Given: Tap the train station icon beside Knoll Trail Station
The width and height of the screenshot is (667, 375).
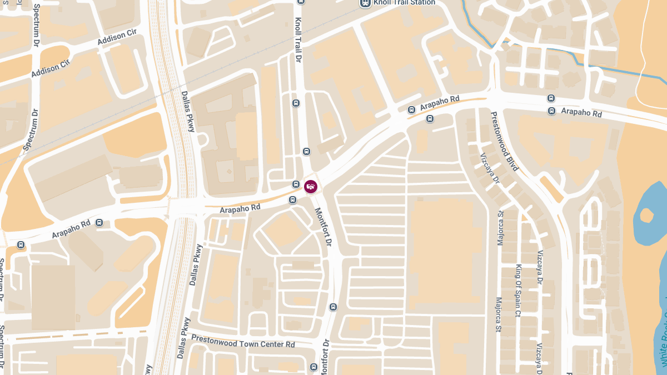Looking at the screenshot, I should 365,3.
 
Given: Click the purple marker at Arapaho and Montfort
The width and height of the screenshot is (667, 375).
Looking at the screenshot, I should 311,186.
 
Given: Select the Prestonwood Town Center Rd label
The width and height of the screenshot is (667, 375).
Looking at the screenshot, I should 243,341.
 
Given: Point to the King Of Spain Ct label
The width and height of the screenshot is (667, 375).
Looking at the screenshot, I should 518,291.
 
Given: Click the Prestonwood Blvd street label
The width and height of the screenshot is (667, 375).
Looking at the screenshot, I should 505,141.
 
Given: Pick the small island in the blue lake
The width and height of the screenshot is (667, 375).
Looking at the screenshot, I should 646,214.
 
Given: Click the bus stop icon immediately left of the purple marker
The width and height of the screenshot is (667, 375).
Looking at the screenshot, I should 296,184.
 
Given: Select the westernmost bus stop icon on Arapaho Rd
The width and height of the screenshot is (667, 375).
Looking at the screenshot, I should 21,244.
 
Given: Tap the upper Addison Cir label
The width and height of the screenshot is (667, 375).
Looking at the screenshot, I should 117,37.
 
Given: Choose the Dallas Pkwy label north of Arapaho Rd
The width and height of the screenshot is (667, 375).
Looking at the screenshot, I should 188,111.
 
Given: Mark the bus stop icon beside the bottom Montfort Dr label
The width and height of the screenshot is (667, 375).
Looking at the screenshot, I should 313,367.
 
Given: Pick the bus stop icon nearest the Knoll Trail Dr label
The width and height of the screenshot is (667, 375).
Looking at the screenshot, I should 296,103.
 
